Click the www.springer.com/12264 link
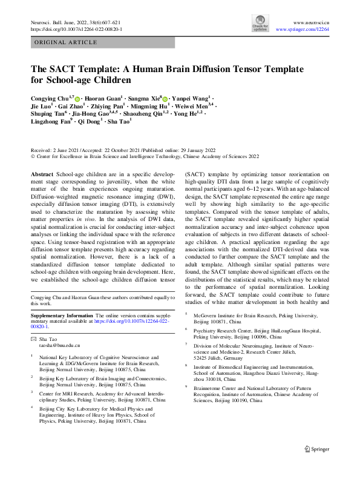pos(302,29)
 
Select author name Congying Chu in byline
pos(50,98)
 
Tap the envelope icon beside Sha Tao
pos(33,339)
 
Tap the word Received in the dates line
pos(41,149)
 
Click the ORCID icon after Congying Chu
pos(77,98)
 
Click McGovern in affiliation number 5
pos(206,315)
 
